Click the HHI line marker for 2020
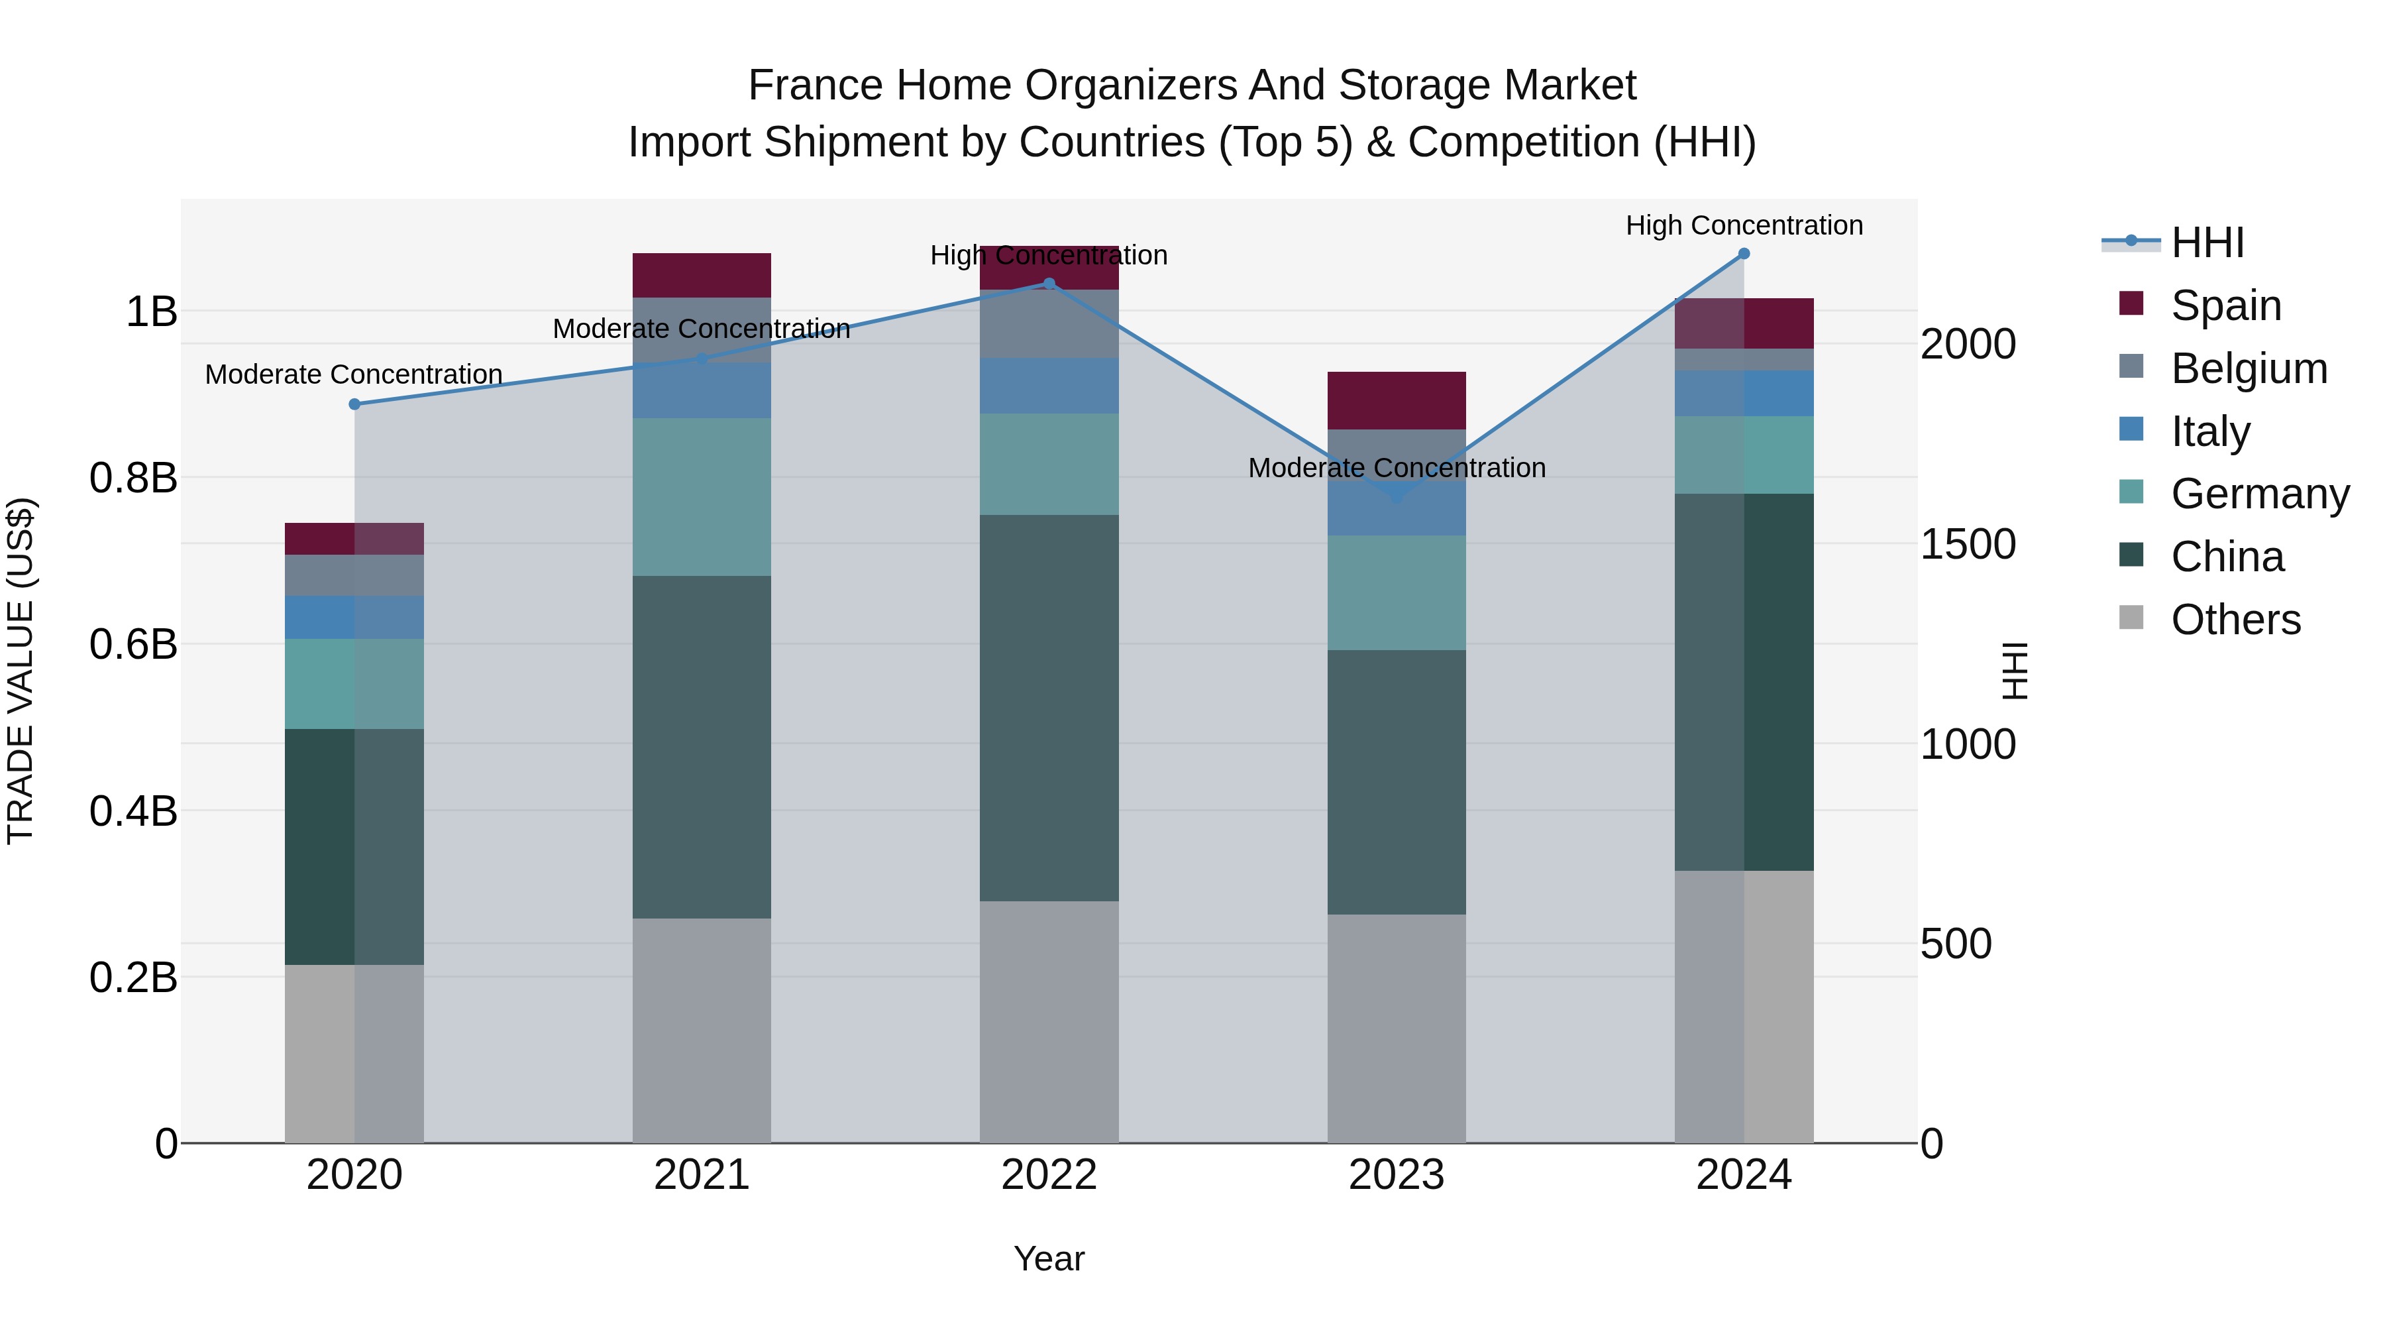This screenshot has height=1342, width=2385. coord(354,404)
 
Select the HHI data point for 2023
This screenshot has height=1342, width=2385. coord(1397,496)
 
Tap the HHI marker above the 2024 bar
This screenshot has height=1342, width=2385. coord(1744,253)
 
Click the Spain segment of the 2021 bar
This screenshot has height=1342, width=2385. coord(702,275)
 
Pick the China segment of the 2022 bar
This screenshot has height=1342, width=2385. coord(1049,708)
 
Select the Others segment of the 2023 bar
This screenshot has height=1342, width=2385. coord(1397,1028)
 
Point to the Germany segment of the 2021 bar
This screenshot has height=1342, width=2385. coord(702,496)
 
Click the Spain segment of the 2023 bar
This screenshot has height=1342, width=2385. coord(1397,400)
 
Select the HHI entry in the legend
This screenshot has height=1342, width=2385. coord(2207,243)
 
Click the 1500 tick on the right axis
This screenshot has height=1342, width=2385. coord(1968,545)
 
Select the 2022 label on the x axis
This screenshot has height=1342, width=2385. coord(1049,1175)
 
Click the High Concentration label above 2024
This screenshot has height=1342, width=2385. coord(1744,225)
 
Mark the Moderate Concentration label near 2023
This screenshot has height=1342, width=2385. coord(1397,468)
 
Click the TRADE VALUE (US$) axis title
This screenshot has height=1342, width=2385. coord(21,671)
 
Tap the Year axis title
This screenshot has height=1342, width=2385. coord(1049,1258)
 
